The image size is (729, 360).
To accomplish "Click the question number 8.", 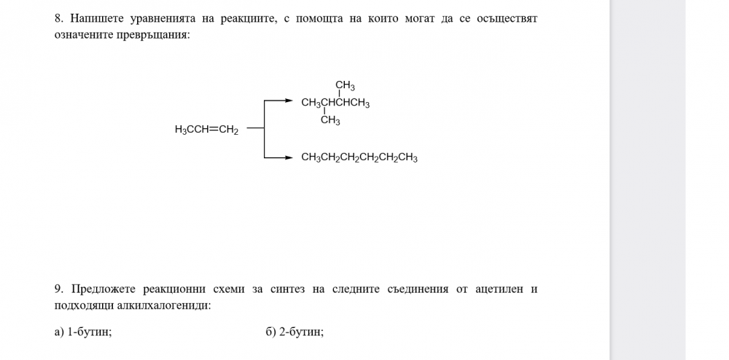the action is (x=58, y=19).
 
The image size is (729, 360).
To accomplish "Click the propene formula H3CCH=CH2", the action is (x=206, y=130).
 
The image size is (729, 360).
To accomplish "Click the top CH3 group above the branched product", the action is (x=346, y=86).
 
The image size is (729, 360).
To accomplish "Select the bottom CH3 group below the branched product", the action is (x=330, y=121).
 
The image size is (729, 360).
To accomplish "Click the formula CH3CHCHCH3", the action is (x=335, y=103).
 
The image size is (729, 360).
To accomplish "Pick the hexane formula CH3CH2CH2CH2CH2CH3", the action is (x=359, y=158).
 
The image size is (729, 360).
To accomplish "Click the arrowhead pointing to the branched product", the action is (x=288, y=101).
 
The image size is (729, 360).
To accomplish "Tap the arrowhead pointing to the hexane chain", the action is (x=288, y=158).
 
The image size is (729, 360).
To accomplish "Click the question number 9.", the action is (x=58, y=289).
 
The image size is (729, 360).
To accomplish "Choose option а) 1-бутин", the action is (x=83, y=332).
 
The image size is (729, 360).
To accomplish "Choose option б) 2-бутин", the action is (x=295, y=332).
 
